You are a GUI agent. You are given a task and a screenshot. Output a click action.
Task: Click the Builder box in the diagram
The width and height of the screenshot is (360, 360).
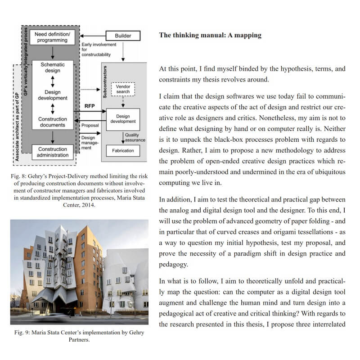click(x=122, y=35)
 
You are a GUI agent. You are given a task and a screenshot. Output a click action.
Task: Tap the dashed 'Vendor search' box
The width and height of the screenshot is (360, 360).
click(x=122, y=89)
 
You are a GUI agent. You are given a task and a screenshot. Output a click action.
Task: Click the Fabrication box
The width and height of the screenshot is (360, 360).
click(x=123, y=150)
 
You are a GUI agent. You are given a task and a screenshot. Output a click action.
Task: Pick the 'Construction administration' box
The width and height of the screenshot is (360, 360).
click(x=53, y=152)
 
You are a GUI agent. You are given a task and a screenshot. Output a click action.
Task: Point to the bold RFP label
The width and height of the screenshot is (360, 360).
click(x=89, y=106)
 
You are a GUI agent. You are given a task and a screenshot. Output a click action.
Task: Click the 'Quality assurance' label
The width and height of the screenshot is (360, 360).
click(x=132, y=137)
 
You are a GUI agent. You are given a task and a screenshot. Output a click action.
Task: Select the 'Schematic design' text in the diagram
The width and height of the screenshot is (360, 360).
click(x=53, y=67)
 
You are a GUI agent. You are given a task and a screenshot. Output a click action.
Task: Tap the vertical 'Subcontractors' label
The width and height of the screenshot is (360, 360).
click(x=105, y=83)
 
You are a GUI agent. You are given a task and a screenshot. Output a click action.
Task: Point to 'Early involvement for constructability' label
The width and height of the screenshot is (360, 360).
click(x=99, y=49)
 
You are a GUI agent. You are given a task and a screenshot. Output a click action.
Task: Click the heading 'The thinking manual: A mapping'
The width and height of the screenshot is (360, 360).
click(x=210, y=35)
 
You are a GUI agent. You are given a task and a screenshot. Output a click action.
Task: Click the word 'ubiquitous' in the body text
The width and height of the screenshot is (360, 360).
click(x=327, y=172)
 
